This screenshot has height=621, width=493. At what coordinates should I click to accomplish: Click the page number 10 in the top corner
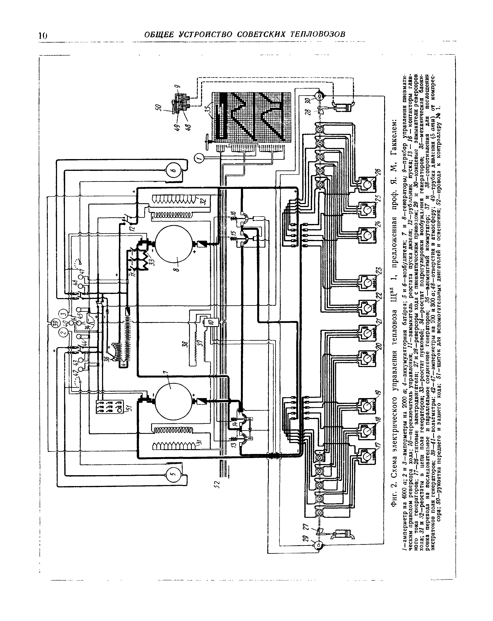tap(42, 35)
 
